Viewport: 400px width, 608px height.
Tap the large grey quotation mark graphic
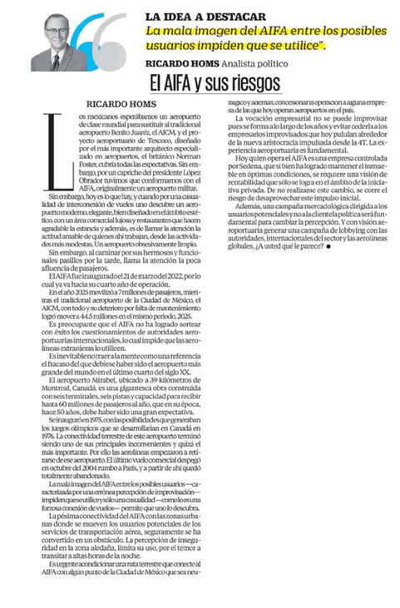[x=114, y=42]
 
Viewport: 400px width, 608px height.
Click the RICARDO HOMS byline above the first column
[x=121, y=104]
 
